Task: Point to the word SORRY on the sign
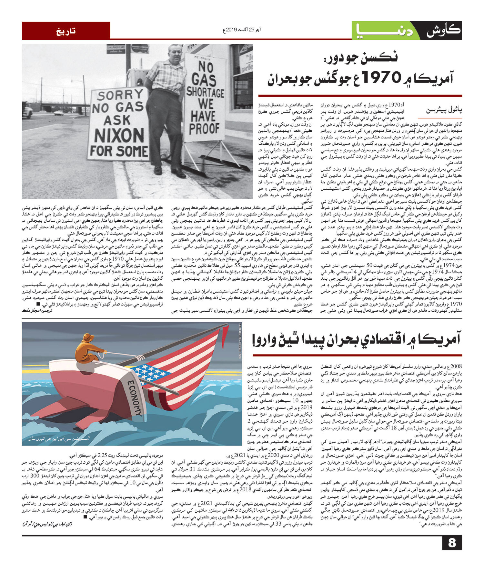click(120, 95)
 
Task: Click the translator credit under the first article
click(37, 310)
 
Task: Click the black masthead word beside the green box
click(444, 31)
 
